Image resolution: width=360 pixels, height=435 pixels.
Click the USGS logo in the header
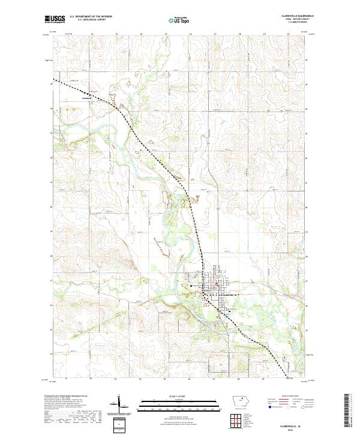[54, 19]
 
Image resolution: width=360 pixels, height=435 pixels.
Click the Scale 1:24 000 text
[171, 397]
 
